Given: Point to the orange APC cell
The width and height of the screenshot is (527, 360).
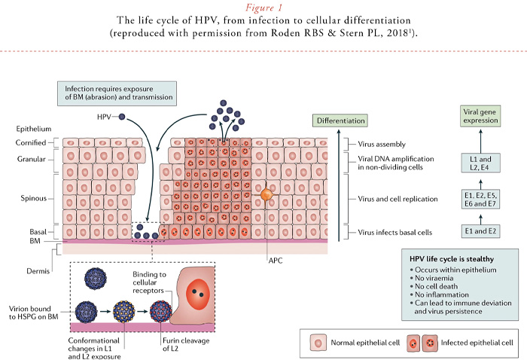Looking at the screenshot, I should pyautogui.click(x=267, y=195).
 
